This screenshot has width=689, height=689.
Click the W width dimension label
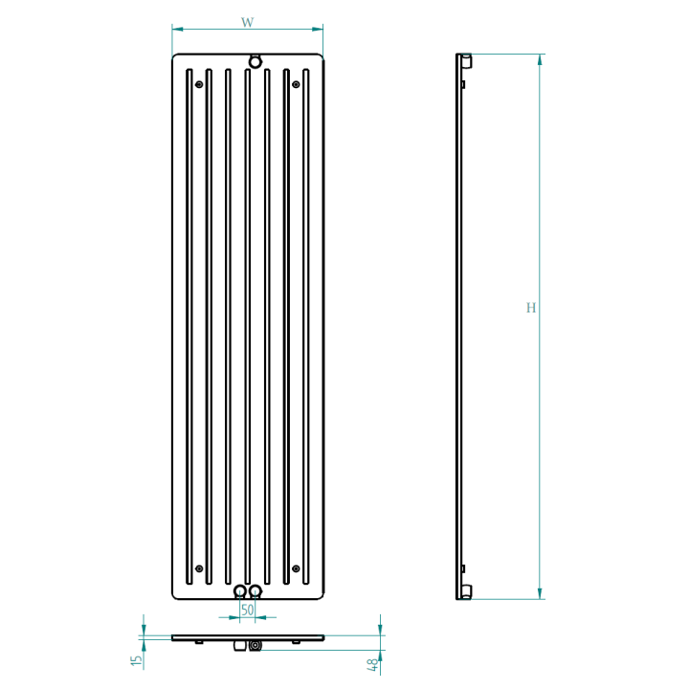tap(248, 22)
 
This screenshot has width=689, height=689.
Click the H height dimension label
tap(531, 307)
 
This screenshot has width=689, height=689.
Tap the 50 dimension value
tap(248, 610)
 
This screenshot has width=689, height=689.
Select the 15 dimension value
tap(137, 660)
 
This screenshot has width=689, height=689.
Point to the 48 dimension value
tap(372, 665)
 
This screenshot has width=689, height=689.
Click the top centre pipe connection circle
tap(255, 61)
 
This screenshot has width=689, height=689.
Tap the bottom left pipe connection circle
tap(240, 591)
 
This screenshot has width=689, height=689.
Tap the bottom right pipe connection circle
tap(256, 591)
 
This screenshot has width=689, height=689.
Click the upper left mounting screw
tap(199, 84)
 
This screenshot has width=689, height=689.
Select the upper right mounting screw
tap(296, 84)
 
